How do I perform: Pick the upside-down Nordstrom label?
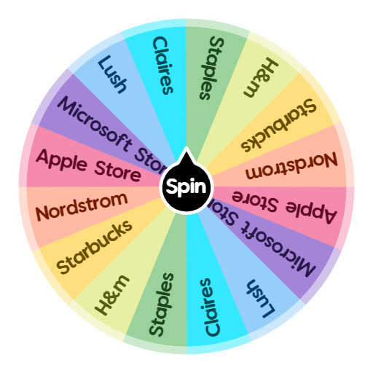click(291, 166)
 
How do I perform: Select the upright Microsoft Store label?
click(109, 132)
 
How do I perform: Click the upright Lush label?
click(113, 74)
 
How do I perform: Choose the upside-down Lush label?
click(260, 298)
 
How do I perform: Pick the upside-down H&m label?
click(265, 79)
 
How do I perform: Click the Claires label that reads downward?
click(163, 66)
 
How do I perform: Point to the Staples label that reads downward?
click(211, 66)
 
